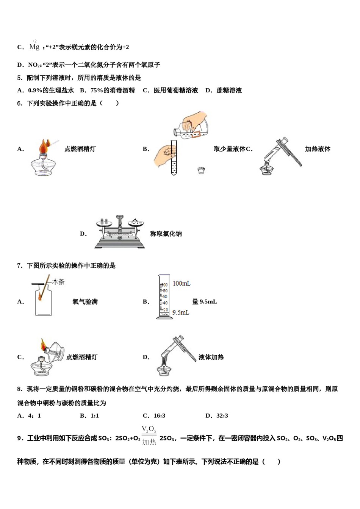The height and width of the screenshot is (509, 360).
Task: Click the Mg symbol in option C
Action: click(x=34, y=47)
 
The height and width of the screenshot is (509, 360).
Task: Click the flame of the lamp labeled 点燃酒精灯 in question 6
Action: click(x=44, y=145)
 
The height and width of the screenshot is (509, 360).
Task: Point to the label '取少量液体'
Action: click(x=230, y=149)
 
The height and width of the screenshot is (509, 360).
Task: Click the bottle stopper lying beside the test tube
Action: click(x=201, y=170)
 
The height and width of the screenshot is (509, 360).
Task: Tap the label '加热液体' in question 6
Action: click(x=318, y=149)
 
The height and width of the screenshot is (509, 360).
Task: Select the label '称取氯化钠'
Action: click(x=166, y=234)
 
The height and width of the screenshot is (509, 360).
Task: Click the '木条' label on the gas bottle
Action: click(x=58, y=282)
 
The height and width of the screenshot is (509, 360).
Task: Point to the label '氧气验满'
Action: click(x=85, y=301)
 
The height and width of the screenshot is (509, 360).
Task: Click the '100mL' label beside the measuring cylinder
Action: click(x=182, y=283)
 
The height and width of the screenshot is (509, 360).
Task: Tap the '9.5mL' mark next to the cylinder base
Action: click(x=181, y=312)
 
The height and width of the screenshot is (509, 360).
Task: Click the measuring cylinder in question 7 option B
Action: click(x=164, y=297)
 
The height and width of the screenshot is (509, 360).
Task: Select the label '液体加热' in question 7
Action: click(x=211, y=357)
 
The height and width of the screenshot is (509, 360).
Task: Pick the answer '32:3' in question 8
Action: click(x=222, y=415)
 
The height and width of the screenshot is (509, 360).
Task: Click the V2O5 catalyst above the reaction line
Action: click(x=149, y=429)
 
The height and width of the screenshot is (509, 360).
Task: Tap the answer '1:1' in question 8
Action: click(x=94, y=415)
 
